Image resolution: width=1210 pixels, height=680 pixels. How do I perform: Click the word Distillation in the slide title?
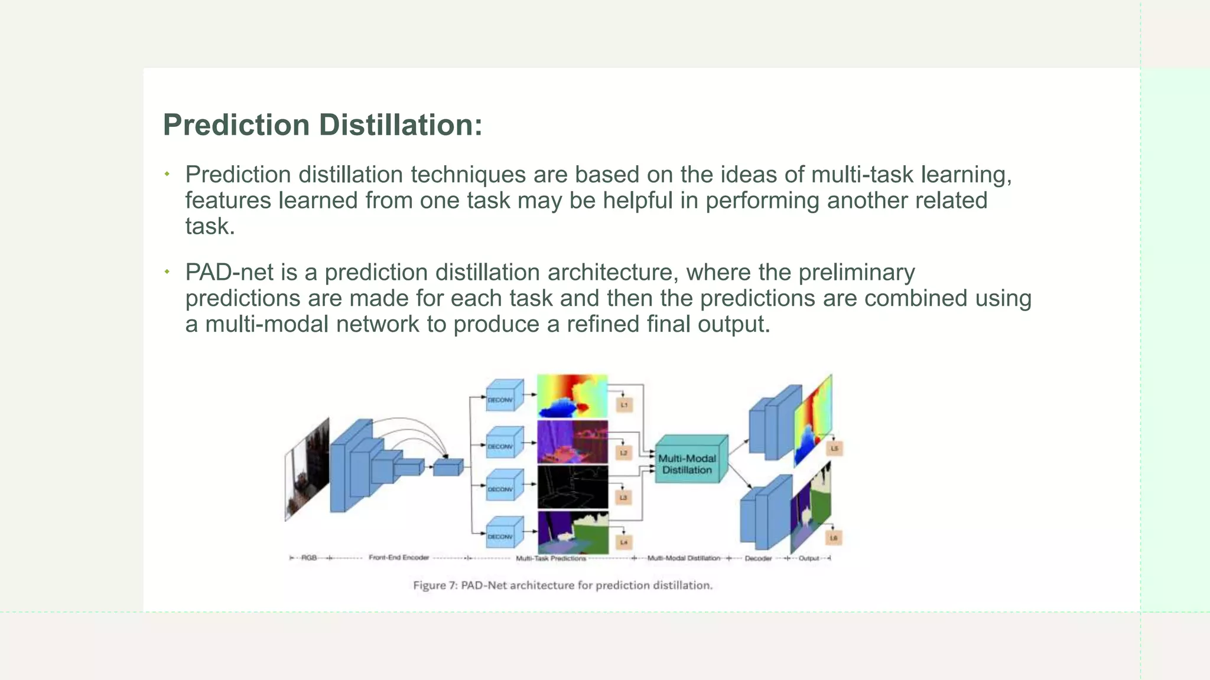tap(401, 125)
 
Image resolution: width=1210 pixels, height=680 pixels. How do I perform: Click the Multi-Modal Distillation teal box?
tap(689, 464)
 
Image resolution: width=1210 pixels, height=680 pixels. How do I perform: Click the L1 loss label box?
tap(624, 405)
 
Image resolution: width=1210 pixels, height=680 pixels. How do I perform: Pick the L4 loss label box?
tap(624, 542)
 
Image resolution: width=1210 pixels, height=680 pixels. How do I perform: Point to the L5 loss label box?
tap(834, 449)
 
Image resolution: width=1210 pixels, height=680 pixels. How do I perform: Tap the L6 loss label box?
tap(833, 538)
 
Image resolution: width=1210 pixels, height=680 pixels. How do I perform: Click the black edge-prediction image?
tap(572, 487)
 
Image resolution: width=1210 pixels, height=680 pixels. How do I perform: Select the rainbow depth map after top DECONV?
tap(572, 396)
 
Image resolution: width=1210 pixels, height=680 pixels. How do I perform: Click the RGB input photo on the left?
tap(307, 469)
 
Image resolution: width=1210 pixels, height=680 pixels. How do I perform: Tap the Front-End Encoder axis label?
tap(398, 557)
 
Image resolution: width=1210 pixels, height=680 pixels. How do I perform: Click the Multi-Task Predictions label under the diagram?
tap(551, 558)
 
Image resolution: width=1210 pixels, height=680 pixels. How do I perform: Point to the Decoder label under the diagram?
tap(758, 558)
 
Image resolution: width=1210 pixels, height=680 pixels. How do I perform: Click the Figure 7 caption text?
tap(562, 585)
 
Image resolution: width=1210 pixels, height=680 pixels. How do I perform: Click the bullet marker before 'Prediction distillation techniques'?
tap(167, 174)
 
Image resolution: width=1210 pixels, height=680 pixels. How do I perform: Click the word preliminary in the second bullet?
tap(856, 273)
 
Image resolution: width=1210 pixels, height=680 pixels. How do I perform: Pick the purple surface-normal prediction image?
tap(572, 442)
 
